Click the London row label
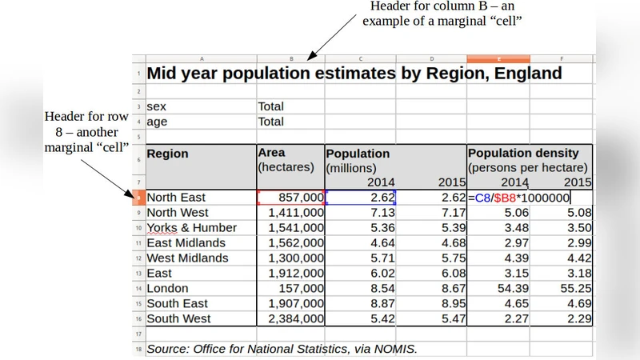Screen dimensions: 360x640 (x=168, y=288)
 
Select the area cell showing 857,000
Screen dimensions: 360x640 (x=291, y=198)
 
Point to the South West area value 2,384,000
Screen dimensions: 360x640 (x=291, y=318)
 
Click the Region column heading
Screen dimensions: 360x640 (x=168, y=154)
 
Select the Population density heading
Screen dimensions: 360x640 (x=529, y=153)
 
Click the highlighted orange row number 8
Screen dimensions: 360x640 (x=139, y=198)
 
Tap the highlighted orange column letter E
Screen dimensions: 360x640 (x=498, y=59)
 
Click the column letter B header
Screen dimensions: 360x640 (x=290, y=59)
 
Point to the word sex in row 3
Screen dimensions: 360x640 (x=157, y=106)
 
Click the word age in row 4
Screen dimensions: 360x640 (x=158, y=122)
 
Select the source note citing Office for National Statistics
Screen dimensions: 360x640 (x=282, y=349)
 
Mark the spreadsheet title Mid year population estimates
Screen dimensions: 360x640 (x=354, y=74)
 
